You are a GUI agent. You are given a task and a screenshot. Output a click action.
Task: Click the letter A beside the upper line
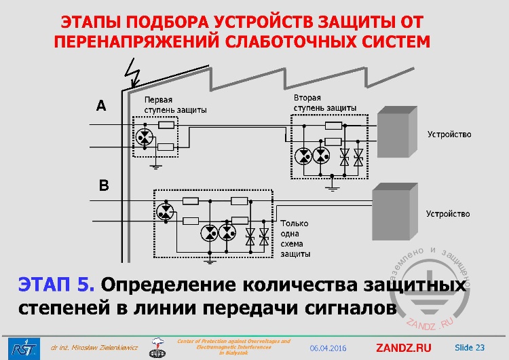tap(101, 105)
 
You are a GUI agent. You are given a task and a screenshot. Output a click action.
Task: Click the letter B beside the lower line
tap(104, 185)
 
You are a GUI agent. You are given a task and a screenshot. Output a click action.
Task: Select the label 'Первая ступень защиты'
tap(175, 104)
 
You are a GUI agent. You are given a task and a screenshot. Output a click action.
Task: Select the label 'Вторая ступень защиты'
tap(325, 103)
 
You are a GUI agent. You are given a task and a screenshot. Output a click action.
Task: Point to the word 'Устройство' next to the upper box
tap(449, 134)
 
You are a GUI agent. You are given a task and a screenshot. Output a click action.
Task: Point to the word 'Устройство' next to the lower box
tap(448, 214)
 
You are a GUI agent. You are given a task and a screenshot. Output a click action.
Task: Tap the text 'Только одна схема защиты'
tap(295, 238)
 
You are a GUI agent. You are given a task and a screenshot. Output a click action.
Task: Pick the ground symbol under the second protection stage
tap(332, 184)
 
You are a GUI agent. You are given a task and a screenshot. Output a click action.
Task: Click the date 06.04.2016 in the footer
tap(328, 348)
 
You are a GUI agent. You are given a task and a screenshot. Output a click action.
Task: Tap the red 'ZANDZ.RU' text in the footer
tap(403, 348)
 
